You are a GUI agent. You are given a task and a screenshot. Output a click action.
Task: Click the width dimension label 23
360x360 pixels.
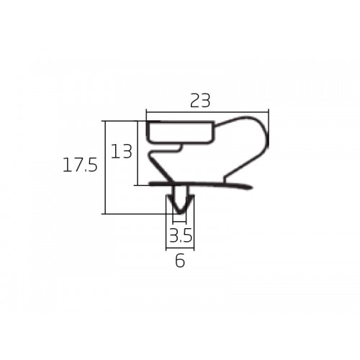[x=200, y=101]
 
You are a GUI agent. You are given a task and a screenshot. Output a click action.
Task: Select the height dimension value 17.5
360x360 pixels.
[x=80, y=165]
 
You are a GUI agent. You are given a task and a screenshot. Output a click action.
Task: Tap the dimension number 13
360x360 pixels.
[x=122, y=151]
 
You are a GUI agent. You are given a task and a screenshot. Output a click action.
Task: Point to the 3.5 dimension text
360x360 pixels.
[x=181, y=235]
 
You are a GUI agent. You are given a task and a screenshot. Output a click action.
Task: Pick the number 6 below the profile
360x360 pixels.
[x=180, y=261]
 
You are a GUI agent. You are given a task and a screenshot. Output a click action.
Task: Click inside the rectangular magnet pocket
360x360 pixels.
[x=180, y=132]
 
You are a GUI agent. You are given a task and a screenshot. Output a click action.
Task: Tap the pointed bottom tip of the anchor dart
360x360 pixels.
[x=179, y=213]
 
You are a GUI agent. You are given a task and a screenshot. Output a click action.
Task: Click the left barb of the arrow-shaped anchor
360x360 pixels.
[x=171, y=198]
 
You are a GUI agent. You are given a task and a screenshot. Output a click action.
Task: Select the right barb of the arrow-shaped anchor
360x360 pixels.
[x=190, y=198]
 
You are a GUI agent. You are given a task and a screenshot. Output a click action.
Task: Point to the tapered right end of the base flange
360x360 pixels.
[x=250, y=186]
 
